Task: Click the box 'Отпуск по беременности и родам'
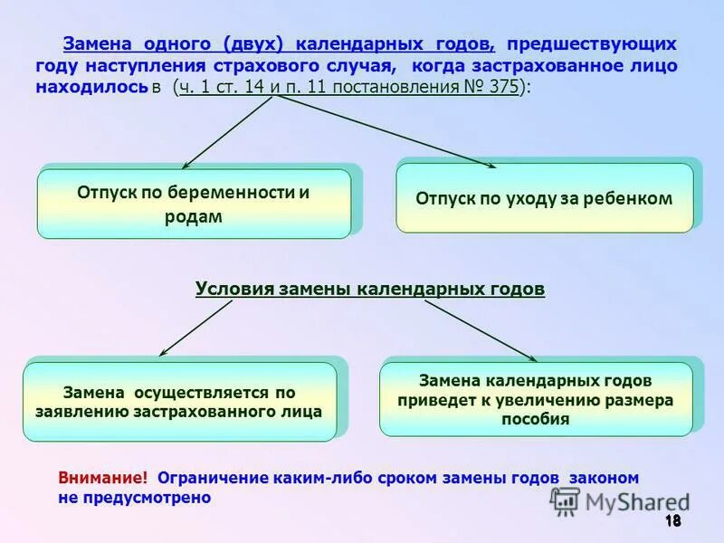coord(194,204)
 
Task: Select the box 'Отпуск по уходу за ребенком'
coord(544,198)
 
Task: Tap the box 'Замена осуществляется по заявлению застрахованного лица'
coord(179,402)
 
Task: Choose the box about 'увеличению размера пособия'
coord(536,399)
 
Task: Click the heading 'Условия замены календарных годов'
coord(370,289)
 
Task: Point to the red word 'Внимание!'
coord(102,478)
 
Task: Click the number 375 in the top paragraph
coord(500,88)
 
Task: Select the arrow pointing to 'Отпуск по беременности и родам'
coord(227,132)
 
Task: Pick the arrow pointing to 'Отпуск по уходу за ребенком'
coord(385,132)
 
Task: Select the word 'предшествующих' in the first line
coord(591,44)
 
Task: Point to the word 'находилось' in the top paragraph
coord(91,88)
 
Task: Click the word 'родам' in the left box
coord(193,217)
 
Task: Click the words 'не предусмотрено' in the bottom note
coord(134,498)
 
